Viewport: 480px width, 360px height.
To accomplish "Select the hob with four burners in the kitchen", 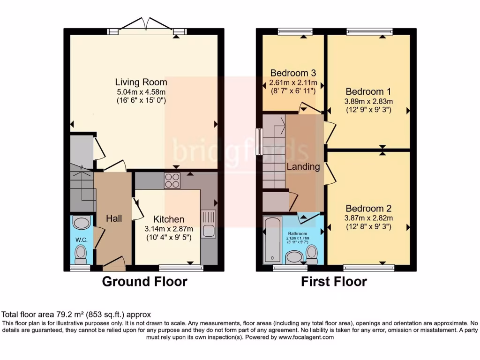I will [x=172, y=180].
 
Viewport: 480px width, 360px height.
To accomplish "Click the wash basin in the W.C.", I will [x=82, y=222].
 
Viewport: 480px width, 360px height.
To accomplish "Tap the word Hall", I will [x=114, y=218].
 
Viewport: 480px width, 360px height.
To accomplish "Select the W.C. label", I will [x=82, y=240].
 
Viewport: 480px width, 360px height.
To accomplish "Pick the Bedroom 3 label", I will [x=293, y=73].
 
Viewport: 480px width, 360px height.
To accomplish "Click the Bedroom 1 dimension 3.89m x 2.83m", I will [x=369, y=101].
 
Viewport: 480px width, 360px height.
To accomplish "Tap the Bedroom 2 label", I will [x=368, y=208].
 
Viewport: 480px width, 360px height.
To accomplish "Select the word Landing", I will [x=303, y=166].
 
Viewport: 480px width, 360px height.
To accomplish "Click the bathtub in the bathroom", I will [x=272, y=239].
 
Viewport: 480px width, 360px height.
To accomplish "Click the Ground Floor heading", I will [x=144, y=281].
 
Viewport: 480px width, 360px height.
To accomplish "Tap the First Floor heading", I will [x=334, y=281].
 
